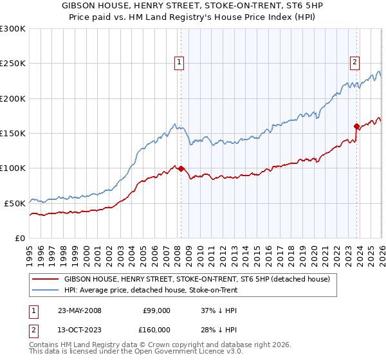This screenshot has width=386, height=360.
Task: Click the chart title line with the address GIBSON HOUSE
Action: pyautogui.click(x=193, y=5)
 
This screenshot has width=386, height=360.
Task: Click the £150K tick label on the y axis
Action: pyautogui.click(x=12, y=133)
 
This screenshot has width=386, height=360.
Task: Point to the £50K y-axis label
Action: pyautogui.click(x=14, y=203)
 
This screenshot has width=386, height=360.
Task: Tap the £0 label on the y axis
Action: pyautogui.click(x=19, y=237)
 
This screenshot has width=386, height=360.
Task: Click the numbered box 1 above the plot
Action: pyautogui.click(x=178, y=62)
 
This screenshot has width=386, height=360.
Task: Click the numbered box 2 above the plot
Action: pyautogui.click(x=354, y=62)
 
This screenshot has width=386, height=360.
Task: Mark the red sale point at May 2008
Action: pyautogui.click(x=181, y=169)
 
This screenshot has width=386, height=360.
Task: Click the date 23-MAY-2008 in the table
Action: pyautogui.click(x=79, y=310)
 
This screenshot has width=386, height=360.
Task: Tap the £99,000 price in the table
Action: pyautogui.click(x=156, y=310)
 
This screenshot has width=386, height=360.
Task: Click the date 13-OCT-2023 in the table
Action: pyautogui.click(x=79, y=330)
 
